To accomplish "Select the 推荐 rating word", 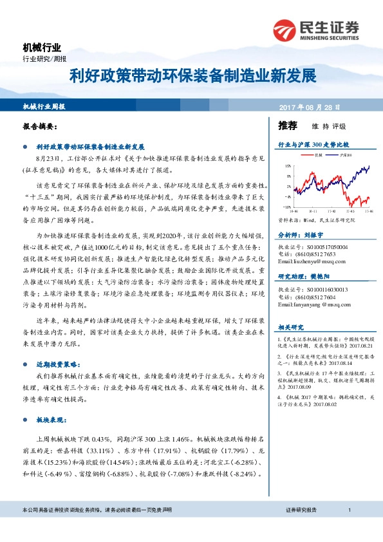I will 287,126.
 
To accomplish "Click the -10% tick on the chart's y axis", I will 286,207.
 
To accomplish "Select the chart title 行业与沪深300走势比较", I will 313,145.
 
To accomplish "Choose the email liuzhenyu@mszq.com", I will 307,261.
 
